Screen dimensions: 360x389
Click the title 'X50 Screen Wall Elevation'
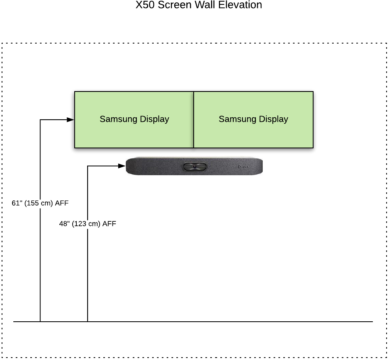199,5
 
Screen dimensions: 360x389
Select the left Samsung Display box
134,119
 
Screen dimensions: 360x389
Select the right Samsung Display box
253,119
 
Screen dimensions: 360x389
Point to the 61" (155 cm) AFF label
40,203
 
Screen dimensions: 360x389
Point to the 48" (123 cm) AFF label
88,224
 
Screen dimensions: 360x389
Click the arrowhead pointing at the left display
71,119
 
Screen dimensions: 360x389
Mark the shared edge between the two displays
194,119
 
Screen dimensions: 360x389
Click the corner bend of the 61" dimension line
40,120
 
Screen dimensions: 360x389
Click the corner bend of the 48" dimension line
88,166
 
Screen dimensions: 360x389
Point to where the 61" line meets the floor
40,322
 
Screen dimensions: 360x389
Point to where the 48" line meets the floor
88,322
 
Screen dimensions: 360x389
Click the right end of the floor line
372,322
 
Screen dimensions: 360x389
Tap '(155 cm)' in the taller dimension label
39,203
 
